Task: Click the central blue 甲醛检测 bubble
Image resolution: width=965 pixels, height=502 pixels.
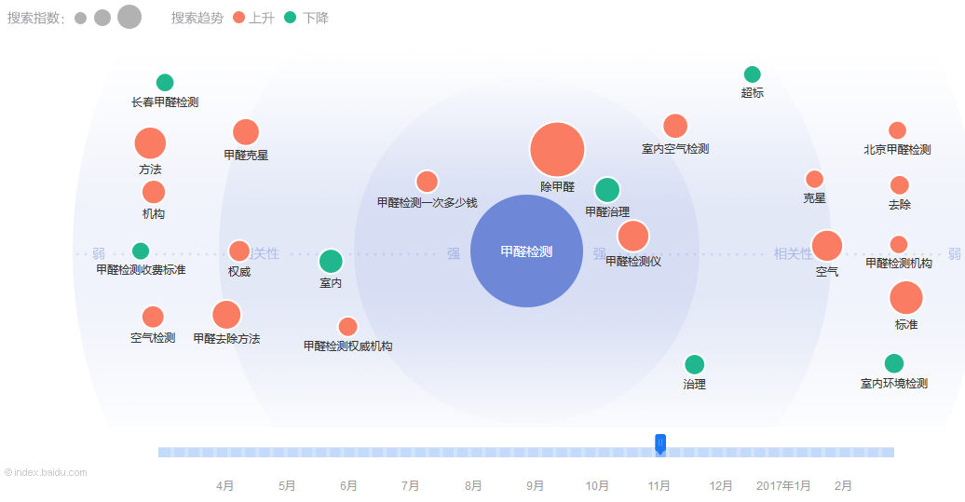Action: (x=526, y=251)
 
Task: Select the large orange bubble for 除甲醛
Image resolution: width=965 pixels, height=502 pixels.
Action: (x=557, y=150)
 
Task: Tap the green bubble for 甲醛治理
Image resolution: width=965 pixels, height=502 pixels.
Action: (x=607, y=190)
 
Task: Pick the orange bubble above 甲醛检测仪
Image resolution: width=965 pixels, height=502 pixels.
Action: (x=632, y=237)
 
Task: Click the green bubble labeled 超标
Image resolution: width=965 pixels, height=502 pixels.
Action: (x=753, y=75)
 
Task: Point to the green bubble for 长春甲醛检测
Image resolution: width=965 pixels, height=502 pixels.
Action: (x=165, y=83)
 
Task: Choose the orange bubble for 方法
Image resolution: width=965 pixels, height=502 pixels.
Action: (x=150, y=143)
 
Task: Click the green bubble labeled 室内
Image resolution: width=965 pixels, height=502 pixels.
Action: (x=331, y=262)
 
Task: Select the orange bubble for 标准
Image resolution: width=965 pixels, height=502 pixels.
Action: (x=906, y=298)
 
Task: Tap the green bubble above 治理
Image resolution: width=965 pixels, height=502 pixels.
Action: (x=694, y=364)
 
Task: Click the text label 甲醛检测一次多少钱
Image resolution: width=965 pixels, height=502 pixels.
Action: (x=427, y=202)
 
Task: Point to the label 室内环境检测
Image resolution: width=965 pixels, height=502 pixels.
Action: (x=893, y=383)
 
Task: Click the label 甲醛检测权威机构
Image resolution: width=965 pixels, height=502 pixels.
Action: (x=347, y=346)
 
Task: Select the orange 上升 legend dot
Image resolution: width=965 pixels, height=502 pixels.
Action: (x=239, y=18)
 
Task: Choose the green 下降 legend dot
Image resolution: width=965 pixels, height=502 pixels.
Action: (x=290, y=18)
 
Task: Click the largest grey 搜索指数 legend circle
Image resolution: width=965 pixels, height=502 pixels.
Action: (x=129, y=17)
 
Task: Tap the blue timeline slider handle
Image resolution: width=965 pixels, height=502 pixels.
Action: (x=660, y=443)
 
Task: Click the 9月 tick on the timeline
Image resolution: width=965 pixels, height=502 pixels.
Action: (x=536, y=485)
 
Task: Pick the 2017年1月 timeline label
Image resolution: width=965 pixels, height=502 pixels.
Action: (x=782, y=485)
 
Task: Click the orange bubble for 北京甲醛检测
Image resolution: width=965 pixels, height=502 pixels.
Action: (x=897, y=130)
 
